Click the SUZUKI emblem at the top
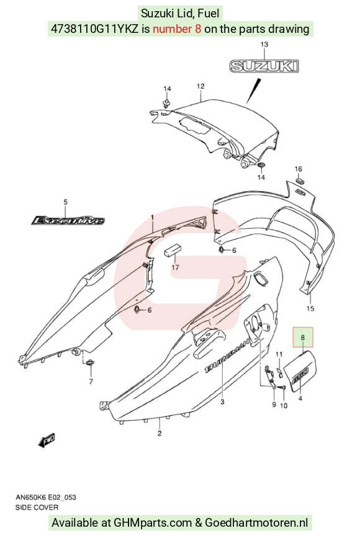tap(264, 66)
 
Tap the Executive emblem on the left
tap(68, 220)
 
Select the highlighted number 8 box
tap(302, 337)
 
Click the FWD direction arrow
tap(47, 440)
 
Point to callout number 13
tap(264, 45)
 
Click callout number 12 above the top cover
tap(200, 86)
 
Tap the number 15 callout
tap(310, 308)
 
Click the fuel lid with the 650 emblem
tap(301, 371)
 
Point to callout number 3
tap(222, 402)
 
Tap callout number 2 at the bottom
tap(160, 434)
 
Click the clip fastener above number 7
tap(91, 363)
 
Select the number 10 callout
tap(284, 406)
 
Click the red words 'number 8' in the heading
tap(177, 29)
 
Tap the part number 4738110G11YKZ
tap(95, 29)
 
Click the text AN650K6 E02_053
tap(46, 497)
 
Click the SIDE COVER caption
tap(37, 507)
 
